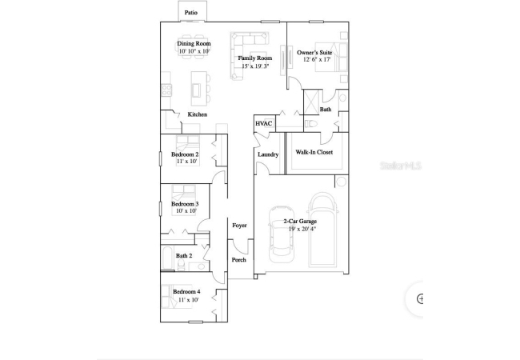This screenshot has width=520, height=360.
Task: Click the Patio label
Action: pyautogui.click(x=191, y=13)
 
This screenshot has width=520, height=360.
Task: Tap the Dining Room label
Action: pyautogui.click(x=194, y=43)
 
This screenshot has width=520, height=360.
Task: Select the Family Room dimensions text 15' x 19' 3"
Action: pyautogui.click(x=255, y=66)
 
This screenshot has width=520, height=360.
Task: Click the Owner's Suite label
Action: pyautogui.click(x=314, y=52)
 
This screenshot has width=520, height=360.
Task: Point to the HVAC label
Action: pyautogui.click(x=264, y=124)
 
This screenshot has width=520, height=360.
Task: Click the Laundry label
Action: pyautogui.click(x=268, y=154)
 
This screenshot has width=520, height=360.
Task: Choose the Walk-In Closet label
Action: pyautogui.click(x=314, y=152)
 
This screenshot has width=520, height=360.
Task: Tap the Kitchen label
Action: pyautogui.click(x=198, y=114)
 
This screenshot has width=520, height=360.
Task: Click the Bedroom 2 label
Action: pyautogui.click(x=185, y=154)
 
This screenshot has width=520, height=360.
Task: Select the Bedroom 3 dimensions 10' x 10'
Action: pyautogui.click(x=186, y=211)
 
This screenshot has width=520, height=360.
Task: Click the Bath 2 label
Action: pyautogui.click(x=184, y=255)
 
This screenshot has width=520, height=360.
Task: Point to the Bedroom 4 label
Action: pyautogui.click(x=186, y=292)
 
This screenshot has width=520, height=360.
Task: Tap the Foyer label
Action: pyautogui.click(x=239, y=226)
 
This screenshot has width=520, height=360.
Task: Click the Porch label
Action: pyautogui.click(x=238, y=260)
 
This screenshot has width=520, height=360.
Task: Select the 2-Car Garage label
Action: pyautogui.click(x=300, y=221)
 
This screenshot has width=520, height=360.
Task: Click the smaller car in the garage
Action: pyautogui.click(x=281, y=234)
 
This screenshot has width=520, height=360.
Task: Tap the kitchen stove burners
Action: pyautogui.click(x=166, y=90)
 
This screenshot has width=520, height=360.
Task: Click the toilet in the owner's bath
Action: pyautogui.click(x=310, y=124)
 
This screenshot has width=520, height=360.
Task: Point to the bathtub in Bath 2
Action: pyautogui.click(x=167, y=258)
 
